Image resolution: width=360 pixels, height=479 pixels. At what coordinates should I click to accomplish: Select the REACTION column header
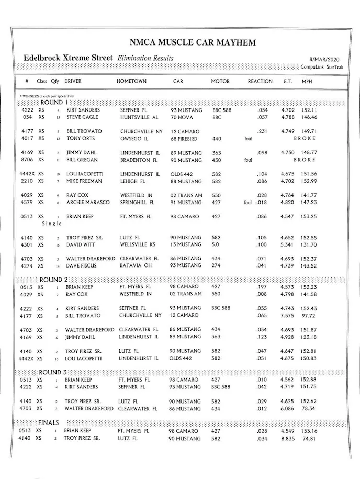[260, 82]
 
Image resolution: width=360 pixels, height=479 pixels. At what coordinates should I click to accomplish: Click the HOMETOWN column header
[131, 82]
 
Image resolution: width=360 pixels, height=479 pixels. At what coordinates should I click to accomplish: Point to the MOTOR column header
[220, 82]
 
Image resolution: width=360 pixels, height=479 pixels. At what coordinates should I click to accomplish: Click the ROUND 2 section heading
[54, 280]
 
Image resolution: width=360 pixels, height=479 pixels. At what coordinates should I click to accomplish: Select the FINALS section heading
[48, 422]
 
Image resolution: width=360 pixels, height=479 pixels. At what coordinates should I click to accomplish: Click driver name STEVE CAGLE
[82, 117]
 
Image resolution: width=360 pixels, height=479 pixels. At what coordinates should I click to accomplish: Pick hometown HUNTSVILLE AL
[139, 117]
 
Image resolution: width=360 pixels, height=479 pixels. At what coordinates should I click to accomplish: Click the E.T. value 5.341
[288, 245]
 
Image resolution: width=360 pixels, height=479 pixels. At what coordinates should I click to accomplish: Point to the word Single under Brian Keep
[52, 224]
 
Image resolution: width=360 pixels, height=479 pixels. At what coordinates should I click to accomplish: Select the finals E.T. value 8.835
[288, 438]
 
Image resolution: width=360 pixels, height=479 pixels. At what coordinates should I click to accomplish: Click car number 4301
[27, 245]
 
